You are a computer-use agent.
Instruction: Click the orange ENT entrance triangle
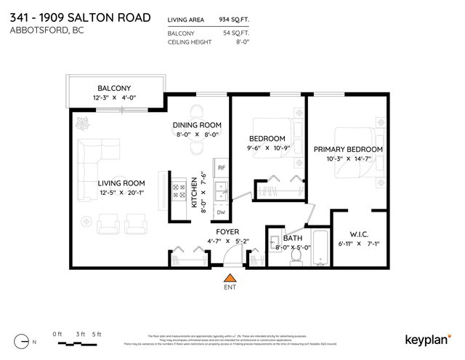tap(230, 277)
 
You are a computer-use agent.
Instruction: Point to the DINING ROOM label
tap(196, 124)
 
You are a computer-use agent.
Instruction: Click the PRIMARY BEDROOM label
tap(347, 148)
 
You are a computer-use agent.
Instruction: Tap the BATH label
tap(292, 238)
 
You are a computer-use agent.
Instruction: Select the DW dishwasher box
tap(221, 212)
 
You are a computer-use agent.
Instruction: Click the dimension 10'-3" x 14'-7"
tap(347, 159)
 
